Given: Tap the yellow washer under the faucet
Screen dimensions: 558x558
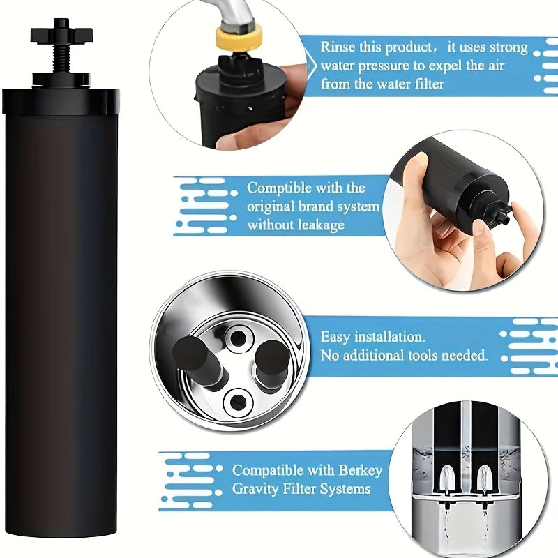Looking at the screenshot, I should pyautogui.click(x=239, y=36).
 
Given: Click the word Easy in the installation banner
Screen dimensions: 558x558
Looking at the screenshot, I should pyautogui.click(x=336, y=337).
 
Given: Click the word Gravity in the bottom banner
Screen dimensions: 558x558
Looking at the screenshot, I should pyautogui.click(x=257, y=489).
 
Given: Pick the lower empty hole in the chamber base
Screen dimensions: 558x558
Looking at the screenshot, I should pyautogui.click(x=238, y=400).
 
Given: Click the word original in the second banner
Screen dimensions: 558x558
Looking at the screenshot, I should pyautogui.click(x=274, y=206).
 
